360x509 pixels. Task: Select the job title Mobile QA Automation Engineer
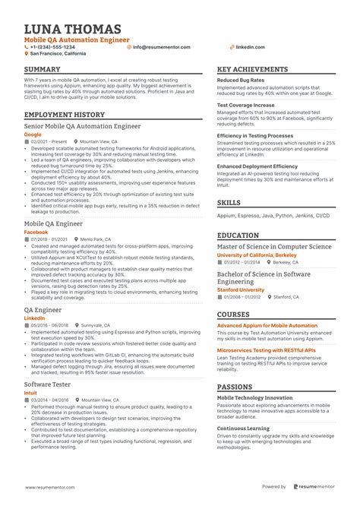[x=77, y=39]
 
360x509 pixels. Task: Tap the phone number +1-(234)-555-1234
[x=53, y=47]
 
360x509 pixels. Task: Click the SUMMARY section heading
[x=43, y=69]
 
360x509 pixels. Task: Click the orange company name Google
[x=33, y=134]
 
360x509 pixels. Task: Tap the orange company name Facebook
[x=36, y=232]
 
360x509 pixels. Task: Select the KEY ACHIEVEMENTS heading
[x=252, y=69]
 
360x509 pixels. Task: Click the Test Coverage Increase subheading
[x=246, y=106]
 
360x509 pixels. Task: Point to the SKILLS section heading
[x=229, y=204]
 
